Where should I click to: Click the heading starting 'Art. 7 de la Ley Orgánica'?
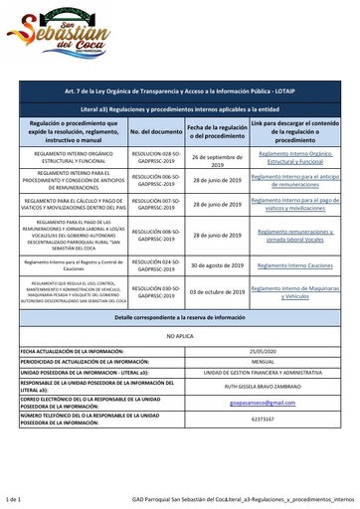(180, 88)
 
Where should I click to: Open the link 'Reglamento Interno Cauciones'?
(292, 266)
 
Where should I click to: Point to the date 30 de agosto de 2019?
(217, 266)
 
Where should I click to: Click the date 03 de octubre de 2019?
(217, 292)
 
